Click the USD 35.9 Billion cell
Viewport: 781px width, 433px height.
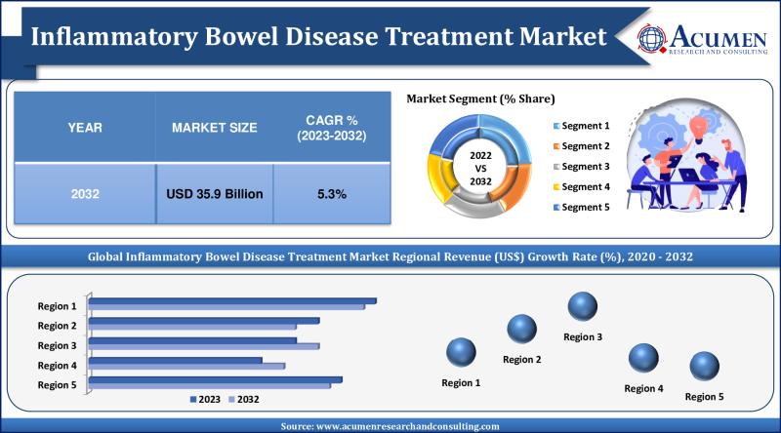(x=214, y=194)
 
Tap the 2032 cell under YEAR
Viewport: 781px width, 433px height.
(x=85, y=194)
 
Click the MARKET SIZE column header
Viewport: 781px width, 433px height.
(x=214, y=128)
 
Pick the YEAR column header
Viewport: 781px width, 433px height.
(x=85, y=128)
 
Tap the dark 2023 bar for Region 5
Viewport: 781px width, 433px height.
(x=216, y=379)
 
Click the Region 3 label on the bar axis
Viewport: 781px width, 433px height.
(x=57, y=345)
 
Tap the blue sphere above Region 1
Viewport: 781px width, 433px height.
(x=461, y=352)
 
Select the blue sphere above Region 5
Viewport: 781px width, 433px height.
(x=704, y=367)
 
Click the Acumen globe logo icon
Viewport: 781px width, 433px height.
(x=653, y=36)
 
